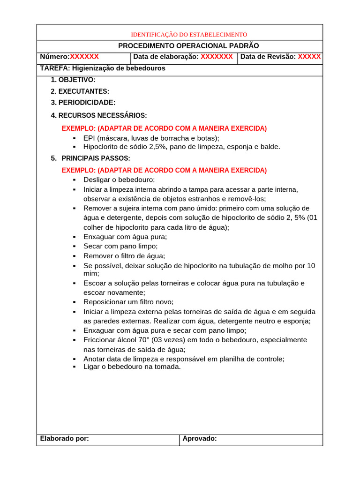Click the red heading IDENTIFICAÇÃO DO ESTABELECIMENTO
click(x=188, y=35)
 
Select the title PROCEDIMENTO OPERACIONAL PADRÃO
click(x=188, y=46)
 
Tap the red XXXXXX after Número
click(x=84, y=57)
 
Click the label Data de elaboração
click(x=166, y=57)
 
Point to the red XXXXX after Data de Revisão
click(x=309, y=57)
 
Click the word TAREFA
click(x=55, y=68)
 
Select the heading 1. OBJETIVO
click(x=73, y=80)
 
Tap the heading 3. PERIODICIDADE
click(x=83, y=103)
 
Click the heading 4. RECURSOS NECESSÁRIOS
click(x=99, y=115)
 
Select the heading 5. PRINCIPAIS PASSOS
click(x=90, y=158)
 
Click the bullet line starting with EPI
click(x=151, y=138)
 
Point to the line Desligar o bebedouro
click(x=119, y=180)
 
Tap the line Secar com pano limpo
click(x=120, y=246)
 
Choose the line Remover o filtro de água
click(x=124, y=256)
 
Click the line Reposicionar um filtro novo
click(x=128, y=302)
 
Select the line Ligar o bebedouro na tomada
click(x=132, y=367)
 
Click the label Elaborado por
click(x=65, y=439)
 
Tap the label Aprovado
click(x=199, y=439)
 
